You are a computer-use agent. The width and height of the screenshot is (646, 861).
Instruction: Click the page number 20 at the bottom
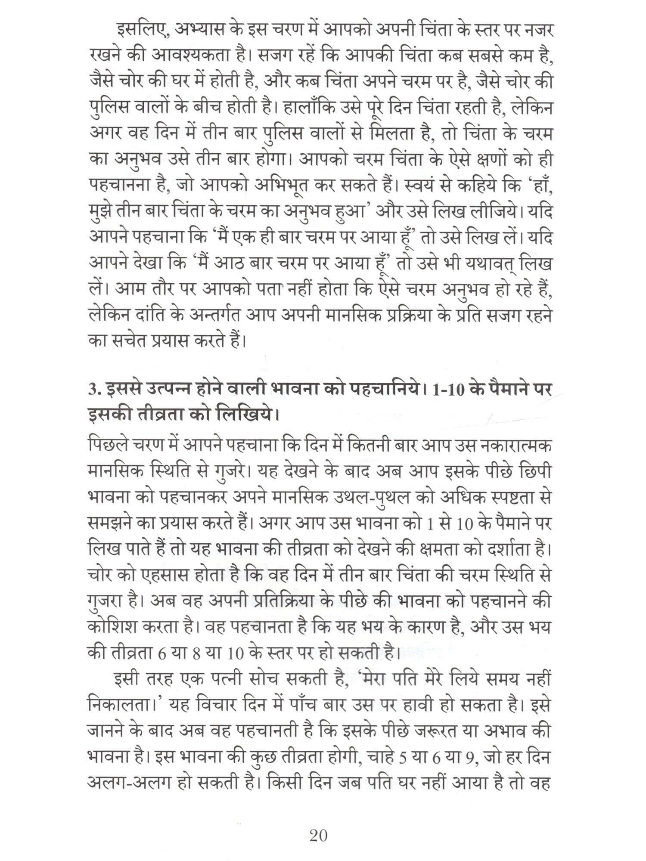pos(319,836)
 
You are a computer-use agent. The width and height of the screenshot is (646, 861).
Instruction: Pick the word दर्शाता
pos(512,549)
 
